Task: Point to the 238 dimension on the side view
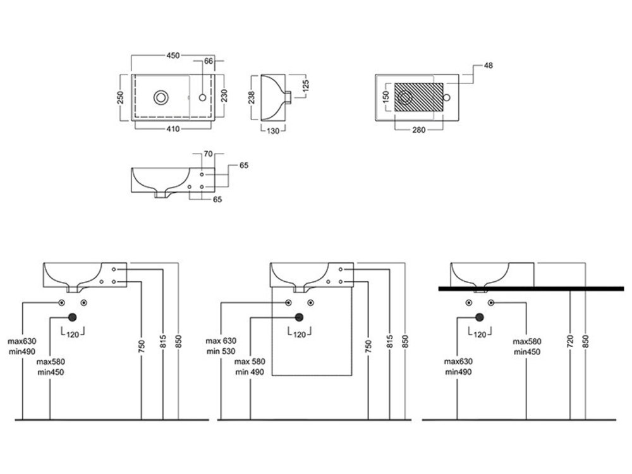pos(252,97)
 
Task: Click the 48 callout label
pos(488,65)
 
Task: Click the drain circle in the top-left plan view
pos(161,97)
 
